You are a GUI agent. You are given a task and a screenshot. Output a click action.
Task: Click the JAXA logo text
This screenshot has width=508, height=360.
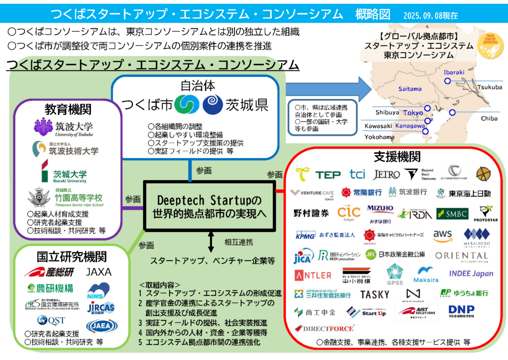99,272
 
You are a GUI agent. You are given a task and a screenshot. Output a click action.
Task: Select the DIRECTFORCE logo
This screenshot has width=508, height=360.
324,328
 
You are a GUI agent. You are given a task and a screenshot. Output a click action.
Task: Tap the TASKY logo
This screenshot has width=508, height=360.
375,294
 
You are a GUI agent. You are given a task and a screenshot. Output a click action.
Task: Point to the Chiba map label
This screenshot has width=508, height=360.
489,118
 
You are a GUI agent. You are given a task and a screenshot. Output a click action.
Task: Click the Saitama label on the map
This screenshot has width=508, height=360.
410,89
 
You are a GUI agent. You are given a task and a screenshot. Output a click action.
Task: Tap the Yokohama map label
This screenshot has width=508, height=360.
379,137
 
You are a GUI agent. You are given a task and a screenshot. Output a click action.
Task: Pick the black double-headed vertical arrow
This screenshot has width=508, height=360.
211,243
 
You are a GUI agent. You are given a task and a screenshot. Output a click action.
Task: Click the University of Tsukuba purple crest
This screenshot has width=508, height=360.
43,127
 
